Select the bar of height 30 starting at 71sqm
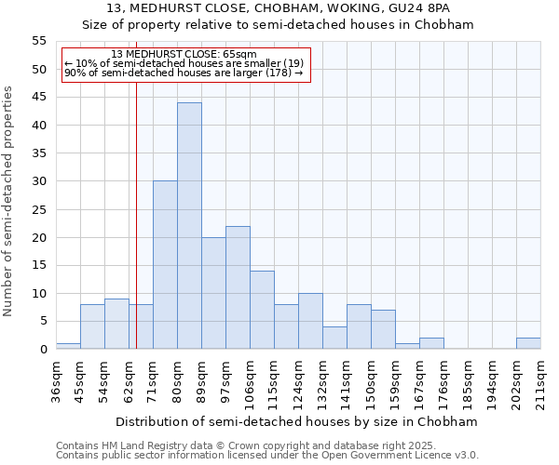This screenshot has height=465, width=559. (x=165, y=265)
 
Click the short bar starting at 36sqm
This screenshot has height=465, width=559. (x=68, y=346)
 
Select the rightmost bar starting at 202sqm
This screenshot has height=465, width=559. (x=528, y=343)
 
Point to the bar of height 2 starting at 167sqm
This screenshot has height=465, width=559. (x=431, y=343)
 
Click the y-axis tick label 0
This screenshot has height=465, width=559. (x=42, y=350)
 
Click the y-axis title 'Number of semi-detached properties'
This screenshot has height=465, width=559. (x=9, y=201)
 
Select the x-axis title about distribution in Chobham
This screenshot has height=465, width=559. (x=297, y=421)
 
